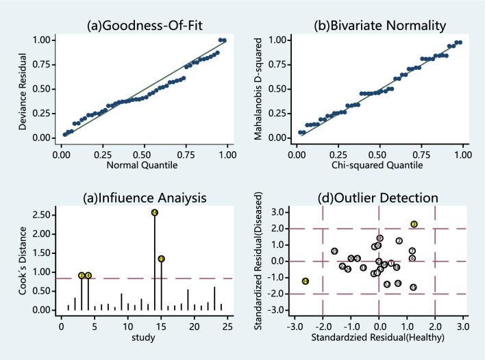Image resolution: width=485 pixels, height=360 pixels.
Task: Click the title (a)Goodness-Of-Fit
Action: (x=142, y=26)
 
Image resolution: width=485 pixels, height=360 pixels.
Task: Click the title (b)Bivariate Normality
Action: (x=379, y=26)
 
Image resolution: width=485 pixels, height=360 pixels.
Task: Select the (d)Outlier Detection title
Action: (x=379, y=198)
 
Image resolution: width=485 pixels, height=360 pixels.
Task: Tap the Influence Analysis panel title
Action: (x=142, y=198)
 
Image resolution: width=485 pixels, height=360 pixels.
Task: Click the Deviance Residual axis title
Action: (x=23, y=88)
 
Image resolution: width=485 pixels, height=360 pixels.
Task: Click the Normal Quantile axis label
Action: (x=142, y=165)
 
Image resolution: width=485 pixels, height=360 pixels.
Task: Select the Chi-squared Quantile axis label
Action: (x=379, y=165)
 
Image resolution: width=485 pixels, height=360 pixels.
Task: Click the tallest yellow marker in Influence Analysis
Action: (x=155, y=213)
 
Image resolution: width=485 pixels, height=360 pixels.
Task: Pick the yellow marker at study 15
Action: (x=161, y=259)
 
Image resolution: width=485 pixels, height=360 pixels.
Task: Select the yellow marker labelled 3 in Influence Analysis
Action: (x=82, y=275)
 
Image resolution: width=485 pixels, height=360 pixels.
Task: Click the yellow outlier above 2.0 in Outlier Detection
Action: (x=414, y=224)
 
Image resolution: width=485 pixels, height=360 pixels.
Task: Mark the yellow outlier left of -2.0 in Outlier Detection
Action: (x=306, y=281)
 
